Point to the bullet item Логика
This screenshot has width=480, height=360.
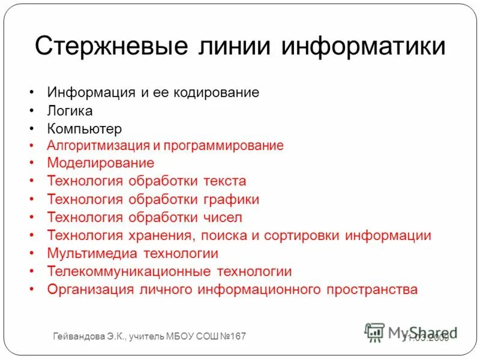70,111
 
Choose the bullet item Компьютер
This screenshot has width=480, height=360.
84,128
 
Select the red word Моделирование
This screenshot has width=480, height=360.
100,163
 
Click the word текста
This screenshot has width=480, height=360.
224,181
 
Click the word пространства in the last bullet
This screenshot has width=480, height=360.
372,289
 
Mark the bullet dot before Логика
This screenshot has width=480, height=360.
31,112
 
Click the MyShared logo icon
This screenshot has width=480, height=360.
374,332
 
